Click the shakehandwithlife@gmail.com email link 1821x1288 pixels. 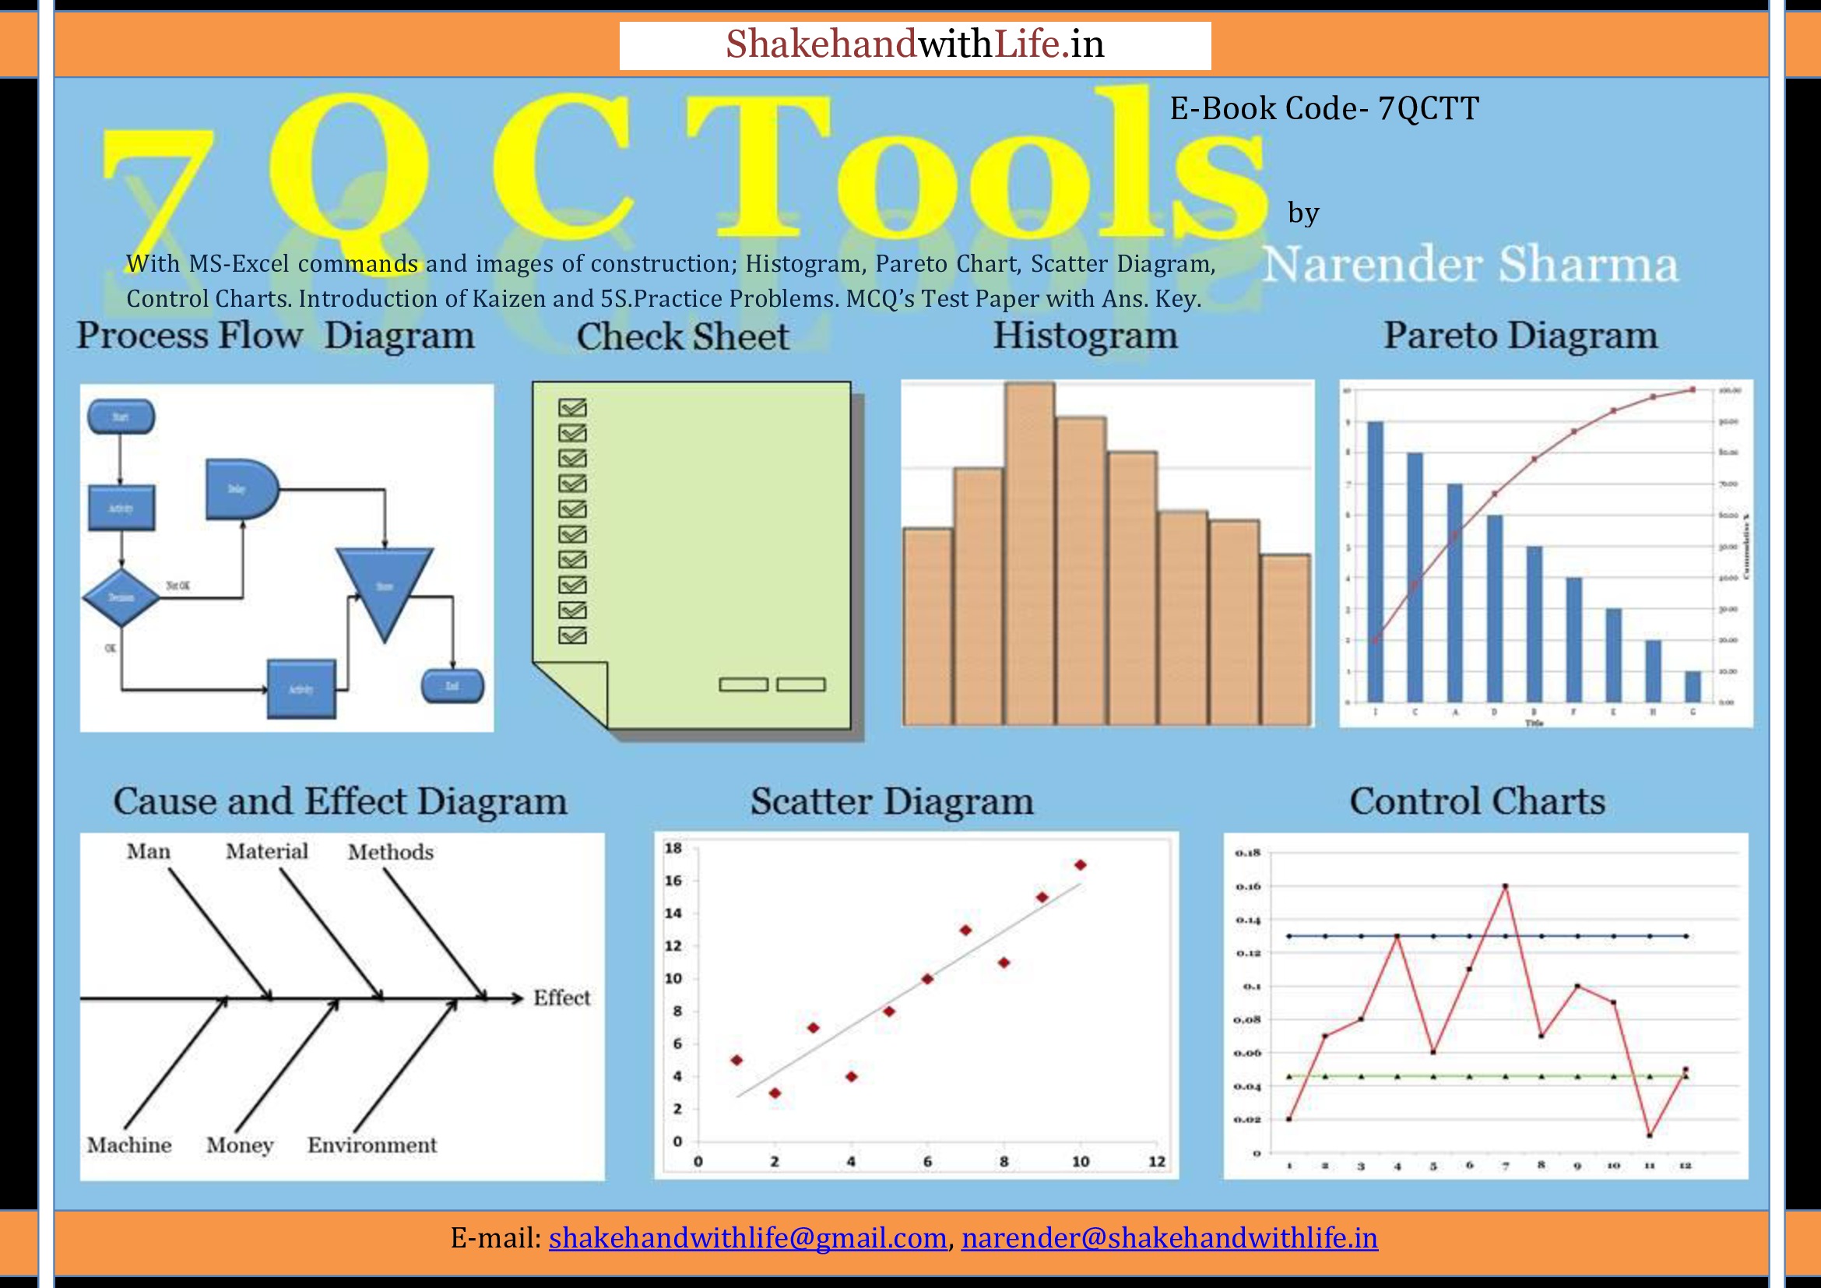click(x=747, y=1237)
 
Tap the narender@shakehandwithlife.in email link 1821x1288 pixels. click(x=1169, y=1237)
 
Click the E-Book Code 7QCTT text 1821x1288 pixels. click(x=1324, y=109)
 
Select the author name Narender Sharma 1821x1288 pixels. click(x=1470, y=264)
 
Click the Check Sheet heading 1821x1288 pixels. click(x=682, y=336)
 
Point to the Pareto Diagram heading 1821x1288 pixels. click(x=1520, y=336)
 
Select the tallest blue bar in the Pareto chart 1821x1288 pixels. click(x=1375, y=561)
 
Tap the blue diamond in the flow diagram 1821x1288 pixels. click(x=121, y=597)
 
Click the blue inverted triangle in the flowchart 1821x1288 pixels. click(x=385, y=586)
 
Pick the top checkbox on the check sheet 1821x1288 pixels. click(x=572, y=407)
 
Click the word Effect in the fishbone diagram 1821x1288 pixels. click(x=561, y=998)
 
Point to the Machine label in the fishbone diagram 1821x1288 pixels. click(x=129, y=1145)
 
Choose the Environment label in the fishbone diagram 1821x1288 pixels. click(x=372, y=1145)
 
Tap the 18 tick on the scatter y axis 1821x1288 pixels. click(x=673, y=848)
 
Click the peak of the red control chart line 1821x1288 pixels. click(x=1505, y=886)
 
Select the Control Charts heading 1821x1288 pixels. click(x=1477, y=801)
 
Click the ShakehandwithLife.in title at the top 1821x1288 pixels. click(x=915, y=44)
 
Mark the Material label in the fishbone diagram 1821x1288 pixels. click(x=266, y=851)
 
